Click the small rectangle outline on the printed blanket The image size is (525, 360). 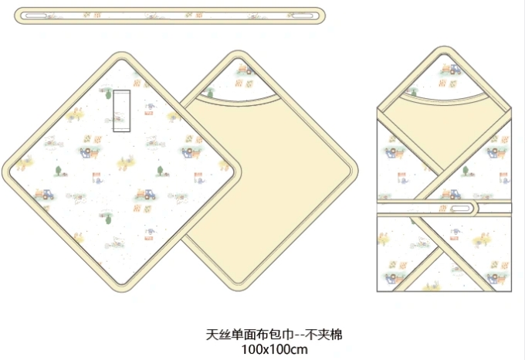[121, 111]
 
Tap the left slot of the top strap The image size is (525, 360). [34, 15]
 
